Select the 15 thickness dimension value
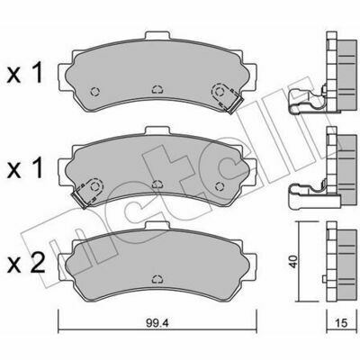tap(340, 323)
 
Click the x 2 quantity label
tap(26, 263)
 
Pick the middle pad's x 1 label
tap(25, 168)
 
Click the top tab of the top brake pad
tap(157, 36)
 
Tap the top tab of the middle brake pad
tap(157, 131)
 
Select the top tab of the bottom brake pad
tap(157, 226)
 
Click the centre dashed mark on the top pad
tap(157, 89)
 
